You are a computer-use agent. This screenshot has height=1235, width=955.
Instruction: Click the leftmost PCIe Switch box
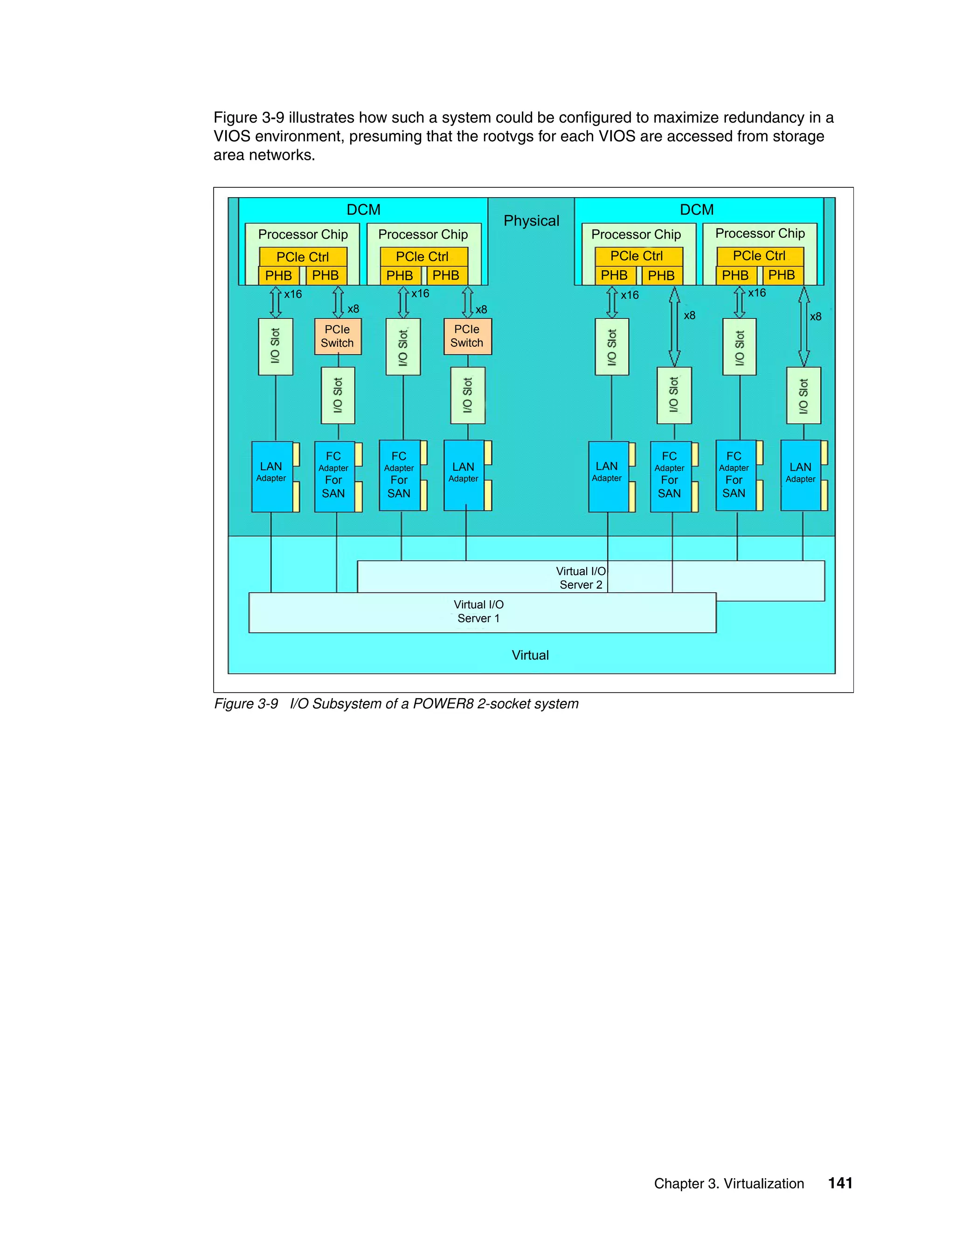click(337, 336)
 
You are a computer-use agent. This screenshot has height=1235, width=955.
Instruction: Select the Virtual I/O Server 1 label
click(478, 611)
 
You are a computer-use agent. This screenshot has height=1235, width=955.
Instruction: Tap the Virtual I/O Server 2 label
click(581, 577)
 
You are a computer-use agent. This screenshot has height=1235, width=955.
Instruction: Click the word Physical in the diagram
click(531, 220)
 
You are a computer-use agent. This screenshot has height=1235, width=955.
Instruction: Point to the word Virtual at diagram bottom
click(530, 655)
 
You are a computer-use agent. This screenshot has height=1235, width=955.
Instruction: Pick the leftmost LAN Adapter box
click(271, 476)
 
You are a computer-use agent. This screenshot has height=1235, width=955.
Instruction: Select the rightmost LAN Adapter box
click(800, 475)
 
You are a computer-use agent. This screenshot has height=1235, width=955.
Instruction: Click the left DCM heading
click(363, 210)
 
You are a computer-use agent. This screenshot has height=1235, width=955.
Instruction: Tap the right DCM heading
click(697, 210)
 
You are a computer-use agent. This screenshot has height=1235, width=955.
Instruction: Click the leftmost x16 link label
click(292, 294)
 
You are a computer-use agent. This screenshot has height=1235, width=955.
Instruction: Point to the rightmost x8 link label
click(815, 316)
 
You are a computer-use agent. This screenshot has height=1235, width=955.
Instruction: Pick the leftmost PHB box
click(278, 275)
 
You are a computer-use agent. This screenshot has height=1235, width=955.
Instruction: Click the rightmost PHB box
click(782, 275)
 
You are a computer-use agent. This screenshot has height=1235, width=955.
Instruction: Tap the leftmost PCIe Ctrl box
click(303, 257)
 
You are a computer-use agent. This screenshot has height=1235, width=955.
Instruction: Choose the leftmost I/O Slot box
click(275, 346)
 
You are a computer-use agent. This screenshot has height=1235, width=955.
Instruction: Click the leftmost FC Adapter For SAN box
click(334, 476)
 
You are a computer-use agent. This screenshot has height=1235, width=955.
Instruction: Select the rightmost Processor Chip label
click(760, 233)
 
